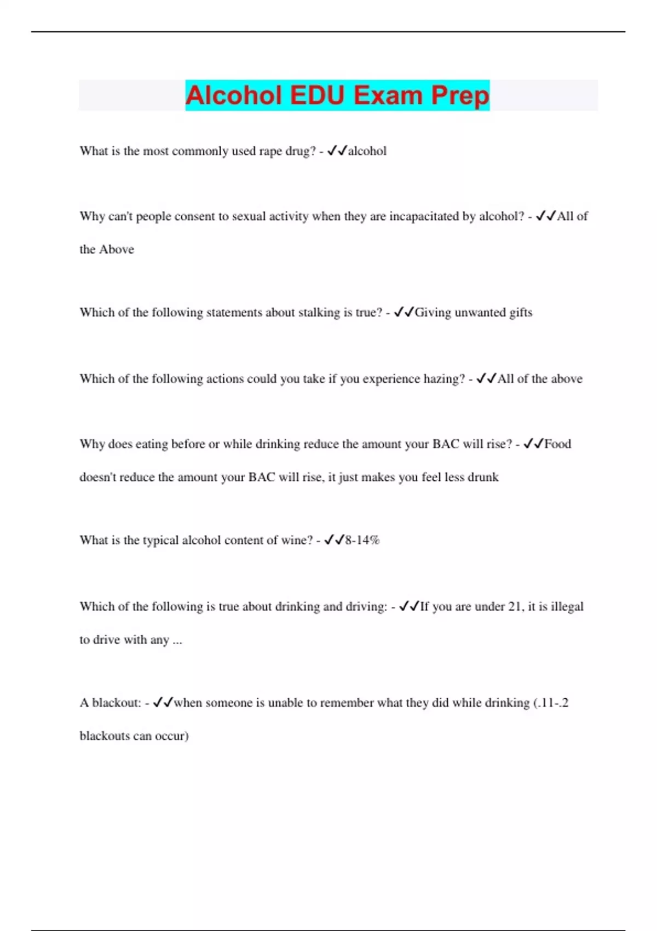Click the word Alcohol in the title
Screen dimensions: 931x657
(233, 95)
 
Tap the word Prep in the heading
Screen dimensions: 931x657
(460, 95)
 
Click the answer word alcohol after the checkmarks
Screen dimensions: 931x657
(367, 151)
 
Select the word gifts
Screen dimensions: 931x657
(521, 313)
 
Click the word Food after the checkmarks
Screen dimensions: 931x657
(557, 444)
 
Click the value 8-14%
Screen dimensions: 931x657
(362, 541)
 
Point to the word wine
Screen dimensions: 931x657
(297, 541)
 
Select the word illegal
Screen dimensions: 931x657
(567, 607)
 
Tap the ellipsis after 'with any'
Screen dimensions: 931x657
(177, 640)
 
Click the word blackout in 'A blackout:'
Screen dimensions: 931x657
(116, 703)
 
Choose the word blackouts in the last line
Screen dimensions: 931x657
(105, 736)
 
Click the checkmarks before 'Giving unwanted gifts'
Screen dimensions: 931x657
(404, 313)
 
